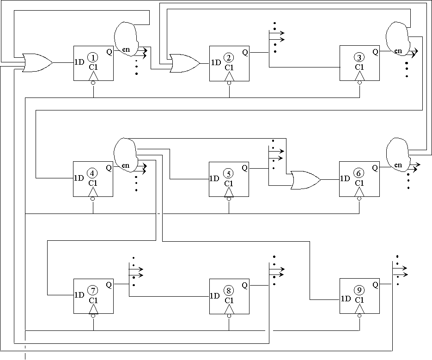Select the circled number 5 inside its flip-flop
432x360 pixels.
(229, 173)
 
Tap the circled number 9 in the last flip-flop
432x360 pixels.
(359, 290)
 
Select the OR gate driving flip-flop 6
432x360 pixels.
(304, 179)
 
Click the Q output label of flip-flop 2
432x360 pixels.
(244, 52)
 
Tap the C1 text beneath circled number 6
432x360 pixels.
(359, 183)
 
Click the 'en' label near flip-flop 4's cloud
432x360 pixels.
(126, 165)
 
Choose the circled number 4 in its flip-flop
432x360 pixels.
(93, 173)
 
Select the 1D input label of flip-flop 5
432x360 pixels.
(214, 179)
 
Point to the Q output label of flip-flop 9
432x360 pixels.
(375, 285)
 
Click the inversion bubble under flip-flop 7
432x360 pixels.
(93, 316)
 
